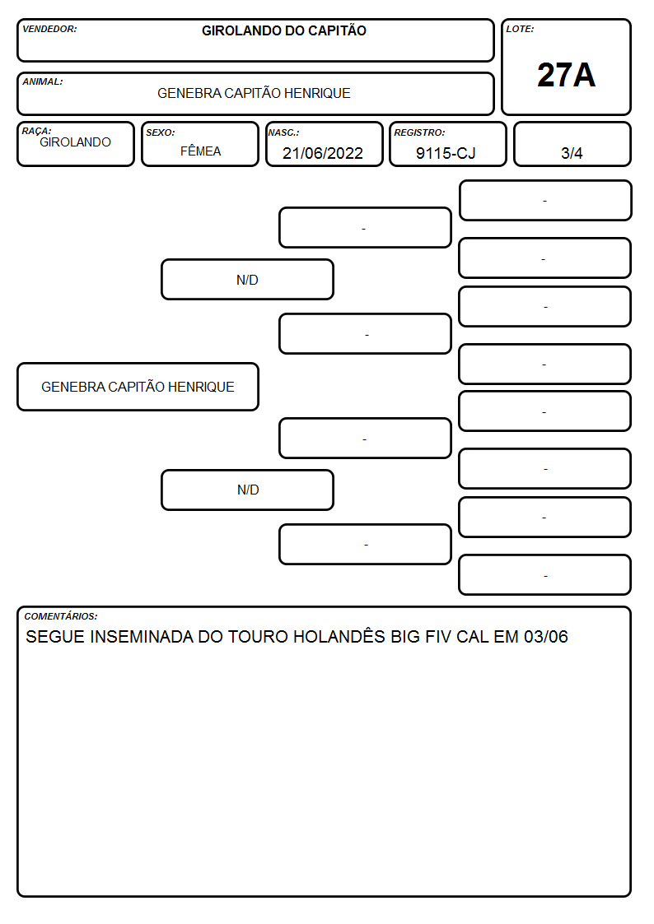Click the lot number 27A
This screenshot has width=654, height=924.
click(566, 75)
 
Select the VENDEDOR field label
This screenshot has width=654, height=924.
click(49, 29)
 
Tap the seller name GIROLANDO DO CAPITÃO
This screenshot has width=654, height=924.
click(283, 30)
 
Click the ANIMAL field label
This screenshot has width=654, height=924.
click(43, 82)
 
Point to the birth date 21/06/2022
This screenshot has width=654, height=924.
click(323, 153)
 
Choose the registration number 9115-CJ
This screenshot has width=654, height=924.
click(446, 153)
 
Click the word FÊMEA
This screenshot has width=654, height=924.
click(200, 151)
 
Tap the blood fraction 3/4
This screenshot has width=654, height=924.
click(572, 153)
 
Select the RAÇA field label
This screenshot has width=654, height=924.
click(36, 131)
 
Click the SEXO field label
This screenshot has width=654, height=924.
click(161, 132)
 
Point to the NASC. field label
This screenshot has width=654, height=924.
click(283, 132)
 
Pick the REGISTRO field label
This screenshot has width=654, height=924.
click(419, 132)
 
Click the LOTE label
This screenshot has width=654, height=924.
click(520, 29)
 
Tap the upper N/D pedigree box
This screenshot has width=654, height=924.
click(248, 279)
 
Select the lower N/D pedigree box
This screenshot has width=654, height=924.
click(248, 490)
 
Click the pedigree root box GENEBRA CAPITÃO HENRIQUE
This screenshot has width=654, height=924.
click(138, 387)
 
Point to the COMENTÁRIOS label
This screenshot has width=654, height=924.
click(61, 616)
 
